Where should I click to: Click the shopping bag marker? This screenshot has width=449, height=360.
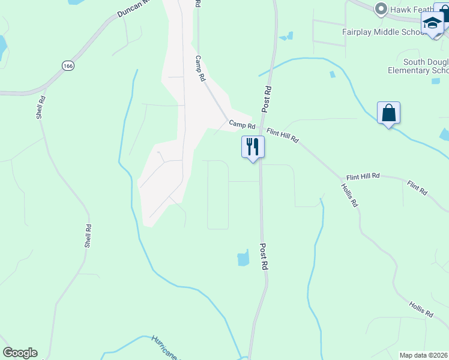pyautogui.click(x=388, y=112)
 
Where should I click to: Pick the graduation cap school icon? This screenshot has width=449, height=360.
pyautogui.click(x=432, y=23)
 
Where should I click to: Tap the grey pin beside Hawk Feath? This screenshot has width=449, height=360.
pyautogui.click(x=380, y=8)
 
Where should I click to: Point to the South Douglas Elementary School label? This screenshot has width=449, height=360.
pyautogui.click(x=426, y=66)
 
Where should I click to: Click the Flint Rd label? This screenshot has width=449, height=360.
pyautogui.click(x=417, y=188)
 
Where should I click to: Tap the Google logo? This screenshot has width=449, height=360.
pyautogui.click(x=20, y=353)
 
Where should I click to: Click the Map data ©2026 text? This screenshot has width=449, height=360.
pyautogui.click(x=424, y=355)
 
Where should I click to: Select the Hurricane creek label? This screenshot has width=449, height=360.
pyautogui.click(x=165, y=347)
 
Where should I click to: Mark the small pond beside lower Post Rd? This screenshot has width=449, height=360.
pyautogui.click(x=243, y=258)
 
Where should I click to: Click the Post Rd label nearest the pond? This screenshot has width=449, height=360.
pyautogui.click(x=264, y=256)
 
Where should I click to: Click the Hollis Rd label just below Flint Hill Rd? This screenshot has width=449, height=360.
pyautogui.click(x=349, y=195)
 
